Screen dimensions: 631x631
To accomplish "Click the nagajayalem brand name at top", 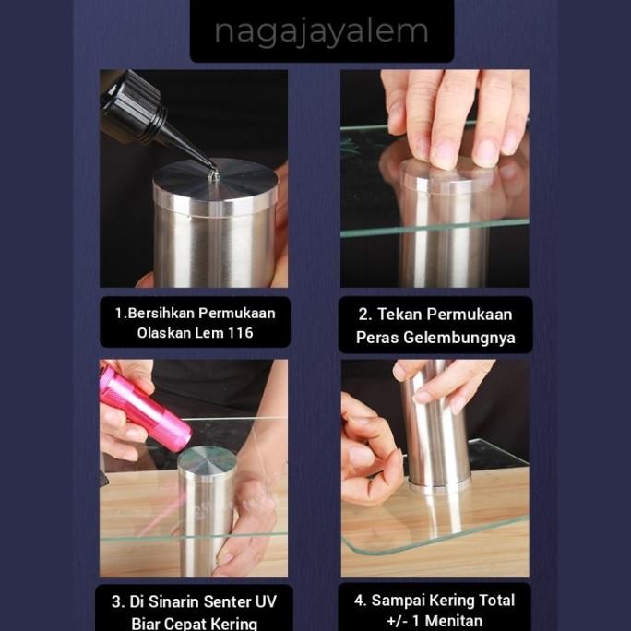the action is click(321, 31).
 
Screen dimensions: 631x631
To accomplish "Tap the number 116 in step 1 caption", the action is click(240, 333).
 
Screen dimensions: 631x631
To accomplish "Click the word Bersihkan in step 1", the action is click(161, 313).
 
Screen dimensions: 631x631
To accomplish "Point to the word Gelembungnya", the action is click(459, 338).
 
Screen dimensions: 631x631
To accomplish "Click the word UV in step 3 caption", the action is click(266, 602).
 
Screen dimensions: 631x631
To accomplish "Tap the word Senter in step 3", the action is click(227, 602).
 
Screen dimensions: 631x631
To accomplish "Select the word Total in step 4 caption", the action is click(497, 601).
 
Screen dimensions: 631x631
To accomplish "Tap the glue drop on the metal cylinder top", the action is click(213, 175).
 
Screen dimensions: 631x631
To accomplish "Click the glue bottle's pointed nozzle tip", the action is click(214, 170).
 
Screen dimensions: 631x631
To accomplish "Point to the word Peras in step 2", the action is click(377, 338).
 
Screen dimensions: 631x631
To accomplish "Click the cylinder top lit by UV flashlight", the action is click(207, 459).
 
